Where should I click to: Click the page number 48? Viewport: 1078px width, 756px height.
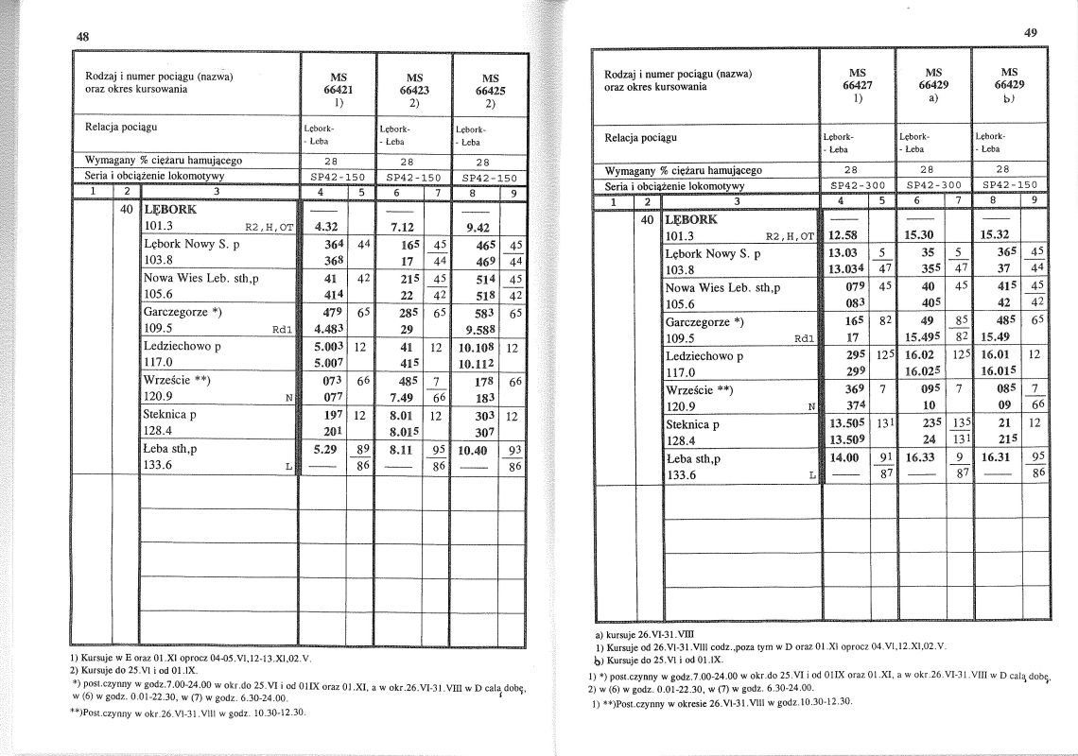tap(83, 37)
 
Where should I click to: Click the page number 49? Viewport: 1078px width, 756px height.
tap(1031, 32)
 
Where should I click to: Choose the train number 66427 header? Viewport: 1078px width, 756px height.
tap(857, 84)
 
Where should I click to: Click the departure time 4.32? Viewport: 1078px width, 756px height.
tap(327, 228)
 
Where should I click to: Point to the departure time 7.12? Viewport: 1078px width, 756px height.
tap(402, 228)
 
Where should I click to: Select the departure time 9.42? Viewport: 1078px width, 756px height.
tap(478, 228)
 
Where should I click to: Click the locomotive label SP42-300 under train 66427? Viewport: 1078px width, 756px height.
tap(857, 185)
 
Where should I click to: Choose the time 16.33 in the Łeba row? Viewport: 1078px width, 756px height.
tap(920, 458)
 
